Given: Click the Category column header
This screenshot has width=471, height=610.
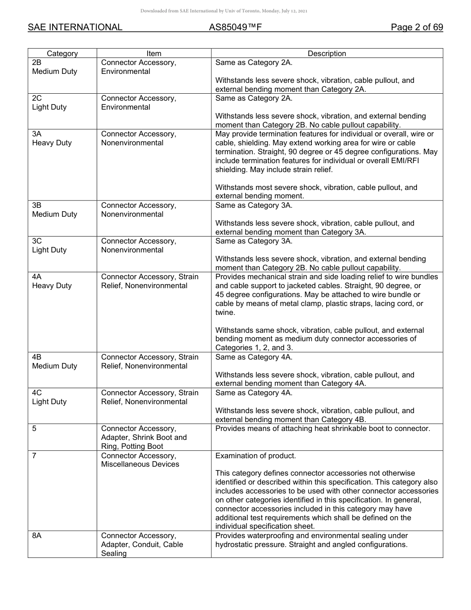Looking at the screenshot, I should pos(62,54).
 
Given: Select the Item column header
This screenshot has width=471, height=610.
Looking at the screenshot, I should pos(154,54).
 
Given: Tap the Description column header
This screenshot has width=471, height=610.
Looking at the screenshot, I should pos(327,54).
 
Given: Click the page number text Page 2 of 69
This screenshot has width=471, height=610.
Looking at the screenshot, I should pos(416,28).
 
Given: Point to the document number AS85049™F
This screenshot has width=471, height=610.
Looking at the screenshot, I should pos(235,28).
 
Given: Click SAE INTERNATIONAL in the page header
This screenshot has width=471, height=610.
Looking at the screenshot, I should pos(75,28).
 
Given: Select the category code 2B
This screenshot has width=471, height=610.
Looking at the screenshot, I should pos(37,63).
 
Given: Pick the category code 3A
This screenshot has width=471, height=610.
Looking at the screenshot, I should pos(37,134).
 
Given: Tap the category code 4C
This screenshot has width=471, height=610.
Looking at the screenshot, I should pos(37,393).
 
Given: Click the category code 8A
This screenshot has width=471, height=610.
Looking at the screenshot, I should pos(37,536).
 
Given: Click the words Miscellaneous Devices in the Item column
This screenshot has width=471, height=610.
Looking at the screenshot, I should pos(140,465).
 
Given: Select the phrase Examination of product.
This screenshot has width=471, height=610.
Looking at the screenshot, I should pos(255,456).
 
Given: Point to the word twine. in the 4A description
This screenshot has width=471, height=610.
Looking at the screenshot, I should pos(225,313).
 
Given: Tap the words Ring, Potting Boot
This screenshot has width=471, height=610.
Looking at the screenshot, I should pos(132,446).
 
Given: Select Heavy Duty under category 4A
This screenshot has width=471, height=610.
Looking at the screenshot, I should pos(52,286).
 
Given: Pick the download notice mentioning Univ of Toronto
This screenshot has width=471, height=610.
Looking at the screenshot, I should pos(224,11).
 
